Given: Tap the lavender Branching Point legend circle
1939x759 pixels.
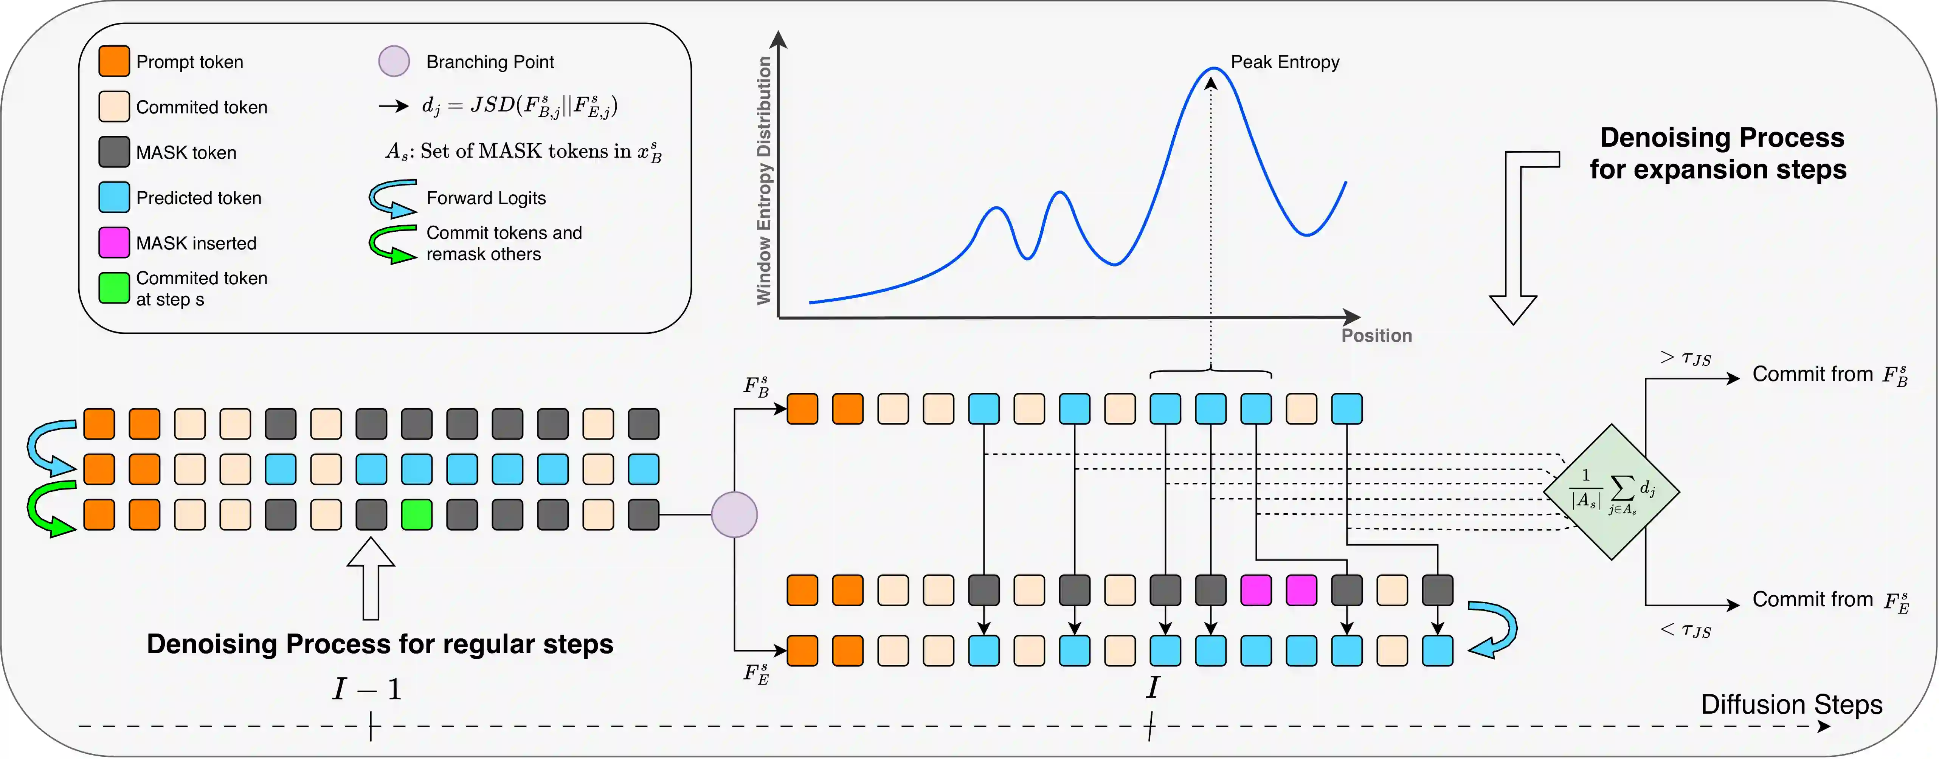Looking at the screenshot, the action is click(394, 61).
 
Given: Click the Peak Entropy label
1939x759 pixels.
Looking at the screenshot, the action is click(1285, 62).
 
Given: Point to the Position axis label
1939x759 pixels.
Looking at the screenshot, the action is click(1377, 336).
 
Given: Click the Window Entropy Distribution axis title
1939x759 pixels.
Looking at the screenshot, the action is click(764, 181).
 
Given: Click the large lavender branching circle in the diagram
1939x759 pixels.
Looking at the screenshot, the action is click(734, 514).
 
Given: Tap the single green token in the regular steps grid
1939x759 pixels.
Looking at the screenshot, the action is click(416, 514).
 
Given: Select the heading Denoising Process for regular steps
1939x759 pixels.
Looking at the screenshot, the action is click(380, 644).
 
